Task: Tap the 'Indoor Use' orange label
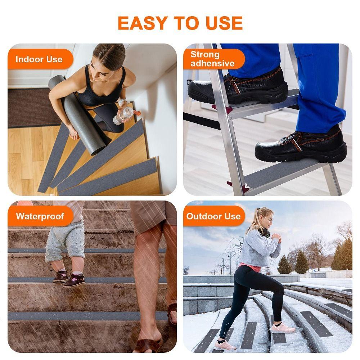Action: pyautogui.click(x=39, y=59)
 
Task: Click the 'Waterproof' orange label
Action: pyautogui.click(x=40, y=216)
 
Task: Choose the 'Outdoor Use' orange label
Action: pyautogui.click(x=213, y=216)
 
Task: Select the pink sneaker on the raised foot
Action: pyautogui.click(x=283, y=328)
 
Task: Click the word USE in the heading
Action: pyautogui.click(x=224, y=23)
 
